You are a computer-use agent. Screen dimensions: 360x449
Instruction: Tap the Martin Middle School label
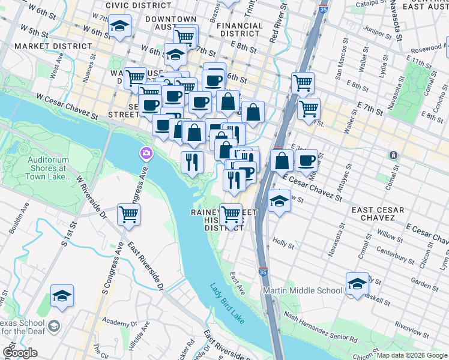(x=303, y=291)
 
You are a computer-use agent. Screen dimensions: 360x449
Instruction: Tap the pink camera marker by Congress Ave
(x=145, y=154)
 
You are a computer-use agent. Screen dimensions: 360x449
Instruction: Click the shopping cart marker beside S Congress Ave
(x=128, y=214)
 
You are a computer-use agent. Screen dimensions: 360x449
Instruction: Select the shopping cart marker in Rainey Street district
(x=231, y=213)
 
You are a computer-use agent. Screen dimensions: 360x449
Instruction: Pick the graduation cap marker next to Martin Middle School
(x=357, y=283)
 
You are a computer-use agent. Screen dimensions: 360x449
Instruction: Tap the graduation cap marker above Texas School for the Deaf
(x=62, y=295)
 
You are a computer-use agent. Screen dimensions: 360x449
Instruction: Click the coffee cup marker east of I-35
(x=306, y=160)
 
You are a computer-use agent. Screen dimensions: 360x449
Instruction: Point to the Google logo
(x=20, y=352)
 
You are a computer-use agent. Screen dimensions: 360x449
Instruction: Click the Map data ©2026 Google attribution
(x=411, y=355)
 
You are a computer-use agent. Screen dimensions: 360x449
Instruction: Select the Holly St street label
(x=283, y=245)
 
